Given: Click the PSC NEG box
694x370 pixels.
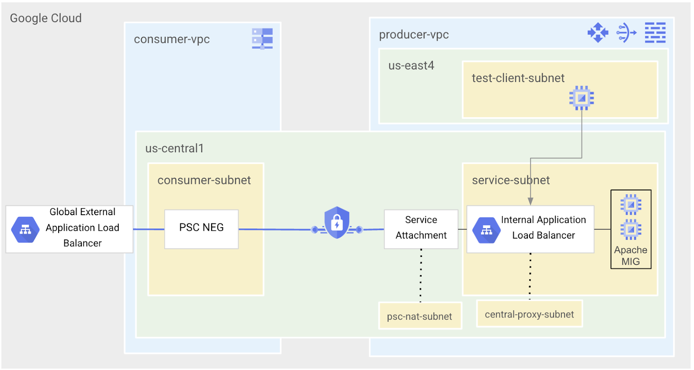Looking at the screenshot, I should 201,229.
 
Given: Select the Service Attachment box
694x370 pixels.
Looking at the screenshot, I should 421,229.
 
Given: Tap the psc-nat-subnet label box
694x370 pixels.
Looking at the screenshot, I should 419,316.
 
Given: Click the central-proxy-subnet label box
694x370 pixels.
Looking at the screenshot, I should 529,314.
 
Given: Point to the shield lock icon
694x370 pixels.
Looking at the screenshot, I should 337,223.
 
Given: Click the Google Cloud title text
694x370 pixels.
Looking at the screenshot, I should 46,18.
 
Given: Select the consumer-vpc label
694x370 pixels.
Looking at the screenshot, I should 172,39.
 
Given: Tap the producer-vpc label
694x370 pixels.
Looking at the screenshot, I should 414,35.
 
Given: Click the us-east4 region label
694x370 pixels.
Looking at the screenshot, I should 411,65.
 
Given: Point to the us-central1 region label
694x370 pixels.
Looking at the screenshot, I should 174,148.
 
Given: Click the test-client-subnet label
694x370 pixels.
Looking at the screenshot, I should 518,78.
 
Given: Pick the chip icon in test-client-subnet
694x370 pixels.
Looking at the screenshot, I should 581,98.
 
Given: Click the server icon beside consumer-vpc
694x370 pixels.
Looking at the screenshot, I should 262,39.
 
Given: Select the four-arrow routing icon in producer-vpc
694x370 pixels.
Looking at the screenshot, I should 598,33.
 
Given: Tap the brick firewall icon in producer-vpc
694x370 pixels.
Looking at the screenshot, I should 655,33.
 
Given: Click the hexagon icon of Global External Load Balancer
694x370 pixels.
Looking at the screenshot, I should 26,229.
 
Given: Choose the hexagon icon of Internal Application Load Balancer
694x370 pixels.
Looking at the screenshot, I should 486,230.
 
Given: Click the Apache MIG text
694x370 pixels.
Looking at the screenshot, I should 630,255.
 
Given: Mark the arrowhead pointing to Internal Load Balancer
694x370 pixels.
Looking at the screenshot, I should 530,201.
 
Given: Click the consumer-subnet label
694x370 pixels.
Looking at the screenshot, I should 204,180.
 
